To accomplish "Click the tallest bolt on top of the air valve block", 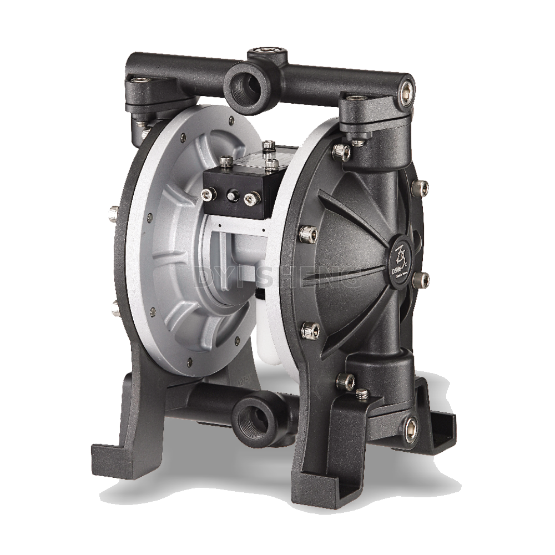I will coord(269,147).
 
